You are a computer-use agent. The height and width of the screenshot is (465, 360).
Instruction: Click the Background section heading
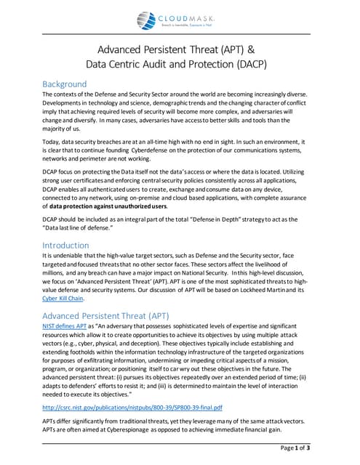(65, 84)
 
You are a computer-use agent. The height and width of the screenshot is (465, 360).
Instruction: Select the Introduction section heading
(66, 245)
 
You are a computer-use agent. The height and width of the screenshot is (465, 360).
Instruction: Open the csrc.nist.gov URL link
(132, 408)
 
